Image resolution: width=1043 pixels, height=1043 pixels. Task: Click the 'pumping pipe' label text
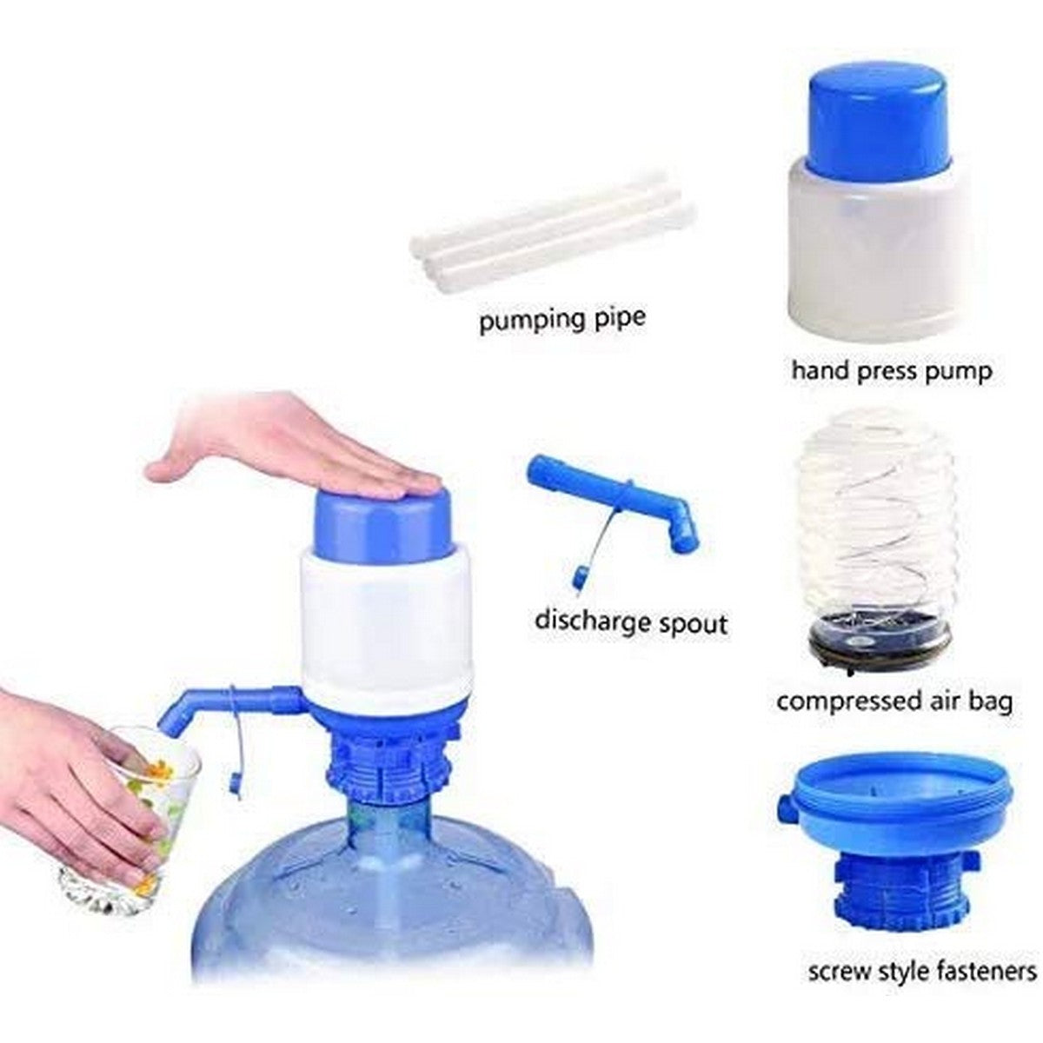(x=562, y=318)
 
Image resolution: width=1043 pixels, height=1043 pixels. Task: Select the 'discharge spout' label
(x=631, y=622)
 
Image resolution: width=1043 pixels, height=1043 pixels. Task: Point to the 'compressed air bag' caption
(x=894, y=701)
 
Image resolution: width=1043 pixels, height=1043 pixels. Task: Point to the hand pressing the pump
(x=296, y=443)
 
